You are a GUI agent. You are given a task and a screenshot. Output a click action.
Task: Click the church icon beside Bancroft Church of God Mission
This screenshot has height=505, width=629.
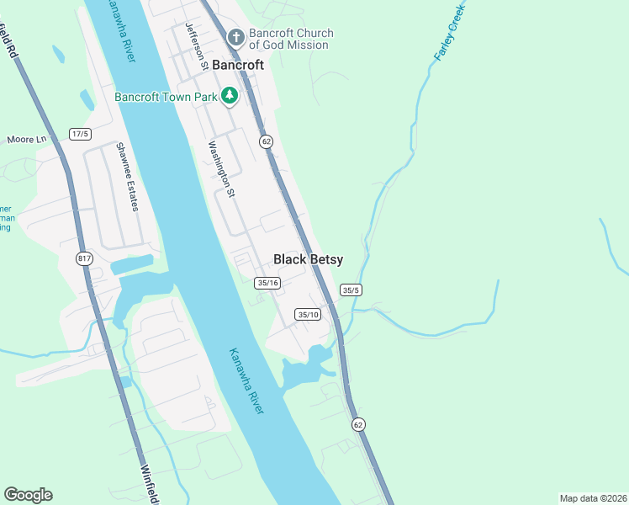click(x=235, y=38)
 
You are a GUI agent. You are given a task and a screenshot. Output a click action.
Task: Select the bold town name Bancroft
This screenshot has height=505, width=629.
click(x=238, y=65)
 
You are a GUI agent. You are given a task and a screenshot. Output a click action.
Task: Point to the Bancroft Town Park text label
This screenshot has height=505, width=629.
click(x=166, y=96)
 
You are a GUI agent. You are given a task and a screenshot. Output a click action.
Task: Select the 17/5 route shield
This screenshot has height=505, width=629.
click(x=81, y=134)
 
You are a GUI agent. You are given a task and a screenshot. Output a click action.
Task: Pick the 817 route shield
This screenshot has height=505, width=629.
click(x=84, y=258)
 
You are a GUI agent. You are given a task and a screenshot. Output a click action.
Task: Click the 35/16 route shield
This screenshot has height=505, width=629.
click(x=267, y=283)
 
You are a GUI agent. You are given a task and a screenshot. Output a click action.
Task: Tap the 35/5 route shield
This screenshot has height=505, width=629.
click(x=351, y=290)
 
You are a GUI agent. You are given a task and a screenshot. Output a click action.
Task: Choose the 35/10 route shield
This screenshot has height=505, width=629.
click(x=309, y=314)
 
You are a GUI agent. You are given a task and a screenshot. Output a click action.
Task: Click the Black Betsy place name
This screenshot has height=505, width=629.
click(x=308, y=260)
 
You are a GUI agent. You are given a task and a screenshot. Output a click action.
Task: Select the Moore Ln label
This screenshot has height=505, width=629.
click(x=27, y=139)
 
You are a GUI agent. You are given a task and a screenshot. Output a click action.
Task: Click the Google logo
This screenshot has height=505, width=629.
click(x=28, y=495)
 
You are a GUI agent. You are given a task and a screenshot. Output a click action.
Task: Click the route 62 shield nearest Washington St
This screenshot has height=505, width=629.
click(x=267, y=141)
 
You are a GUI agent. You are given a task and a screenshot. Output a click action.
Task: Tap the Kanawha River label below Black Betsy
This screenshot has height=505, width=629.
click(x=246, y=380)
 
